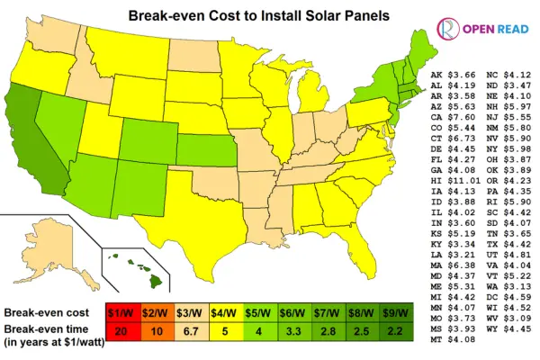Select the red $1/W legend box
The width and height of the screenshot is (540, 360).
pyautogui.click(x=125, y=312)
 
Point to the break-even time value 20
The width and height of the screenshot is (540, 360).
pyautogui.click(x=125, y=332)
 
